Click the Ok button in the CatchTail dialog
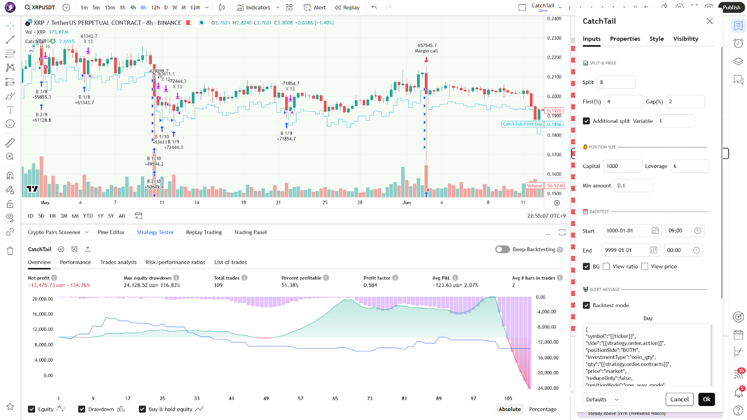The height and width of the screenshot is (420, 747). pyautogui.click(x=706, y=399)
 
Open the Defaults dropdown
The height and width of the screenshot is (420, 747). pyautogui.click(x=602, y=399)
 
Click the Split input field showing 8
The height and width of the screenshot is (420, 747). pyautogui.click(x=616, y=82)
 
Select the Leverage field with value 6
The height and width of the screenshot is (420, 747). pyautogui.click(x=689, y=166)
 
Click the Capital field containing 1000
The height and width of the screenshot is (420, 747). pyautogui.click(x=622, y=166)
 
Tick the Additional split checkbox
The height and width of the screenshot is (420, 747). pyautogui.click(x=586, y=121)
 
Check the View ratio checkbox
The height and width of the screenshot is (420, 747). pyautogui.click(x=606, y=266)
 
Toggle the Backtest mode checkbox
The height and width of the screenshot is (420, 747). pyautogui.click(x=586, y=305)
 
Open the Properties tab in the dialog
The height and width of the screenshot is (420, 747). pyautogui.click(x=625, y=39)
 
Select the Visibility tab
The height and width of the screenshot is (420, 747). pyautogui.click(x=685, y=39)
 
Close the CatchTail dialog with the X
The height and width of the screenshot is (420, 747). pyautogui.click(x=710, y=21)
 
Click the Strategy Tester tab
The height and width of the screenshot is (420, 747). pyautogui.click(x=155, y=232)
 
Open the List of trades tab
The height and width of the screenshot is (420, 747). pyautogui.click(x=230, y=262)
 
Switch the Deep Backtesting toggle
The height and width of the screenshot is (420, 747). pyautogui.click(x=502, y=249)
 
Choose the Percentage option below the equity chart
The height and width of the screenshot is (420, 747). pyautogui.click(x=543, y=409)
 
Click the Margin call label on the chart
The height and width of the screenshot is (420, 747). pyautogui.click(x=426, y=51)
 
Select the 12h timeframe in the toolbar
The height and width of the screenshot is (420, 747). pyautogui.click(x=155, y=7)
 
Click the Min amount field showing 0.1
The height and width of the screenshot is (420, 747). pyautogui.click(x=633, y=186)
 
